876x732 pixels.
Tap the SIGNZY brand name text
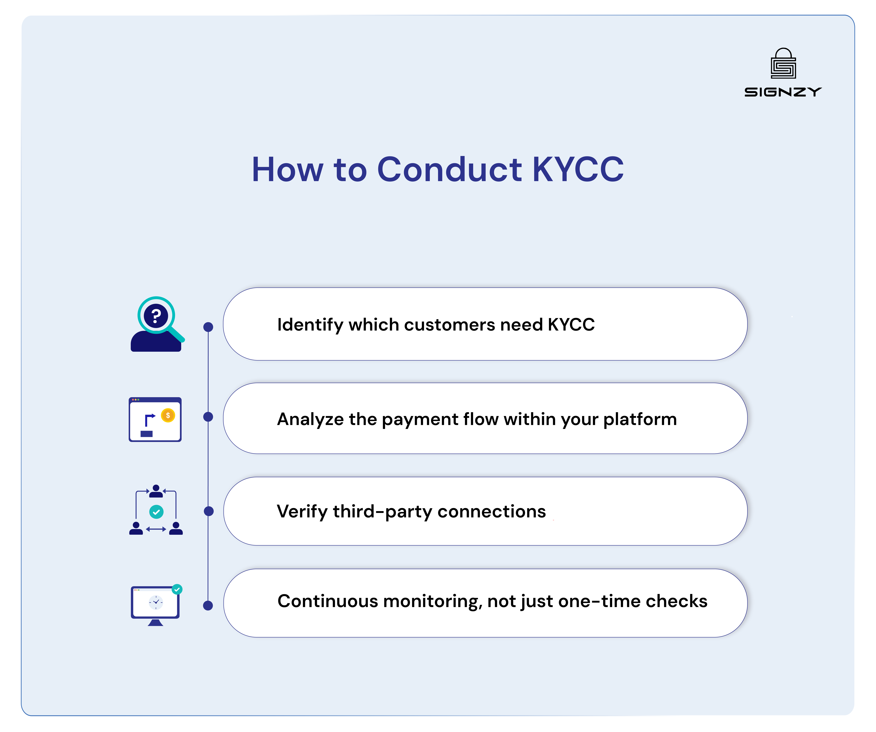[783, 92]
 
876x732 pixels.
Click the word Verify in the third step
[302, 511]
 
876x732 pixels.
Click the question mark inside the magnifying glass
[156, 316]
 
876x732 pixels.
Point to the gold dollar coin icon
[168, 415]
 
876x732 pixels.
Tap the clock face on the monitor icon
[156, 602]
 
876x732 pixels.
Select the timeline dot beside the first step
[208, 327]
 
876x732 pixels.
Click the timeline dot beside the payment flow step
[208, 417]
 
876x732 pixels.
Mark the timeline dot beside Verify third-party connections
[209, 511]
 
